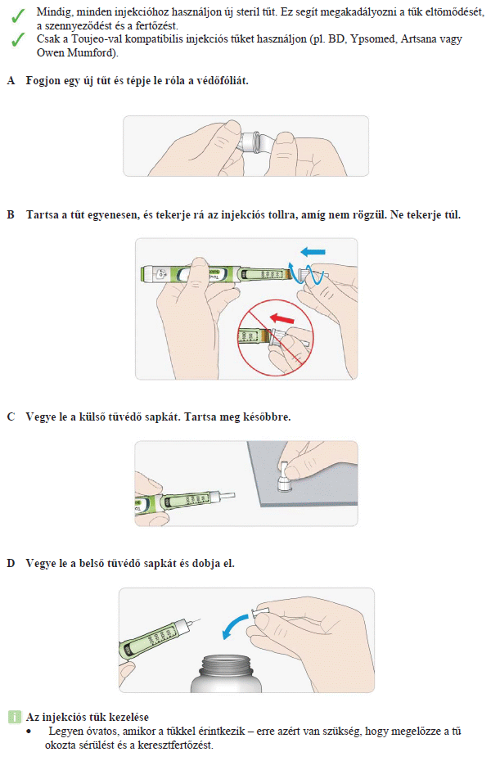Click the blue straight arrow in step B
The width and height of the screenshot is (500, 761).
313,252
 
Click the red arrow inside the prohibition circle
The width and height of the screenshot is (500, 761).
282,318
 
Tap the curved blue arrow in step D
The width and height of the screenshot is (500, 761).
235,626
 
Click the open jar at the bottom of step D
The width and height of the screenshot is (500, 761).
226,673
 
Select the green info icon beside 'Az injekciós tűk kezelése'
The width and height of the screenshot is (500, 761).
15,717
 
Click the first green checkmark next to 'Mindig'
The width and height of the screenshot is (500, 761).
17,16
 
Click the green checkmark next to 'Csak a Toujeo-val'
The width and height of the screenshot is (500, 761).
17,40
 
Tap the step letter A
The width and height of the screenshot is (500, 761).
11,80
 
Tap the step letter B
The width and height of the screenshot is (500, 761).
11,214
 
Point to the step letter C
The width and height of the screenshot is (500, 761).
11,417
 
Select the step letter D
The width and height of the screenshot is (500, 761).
11,564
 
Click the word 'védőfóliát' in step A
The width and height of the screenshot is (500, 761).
223,80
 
